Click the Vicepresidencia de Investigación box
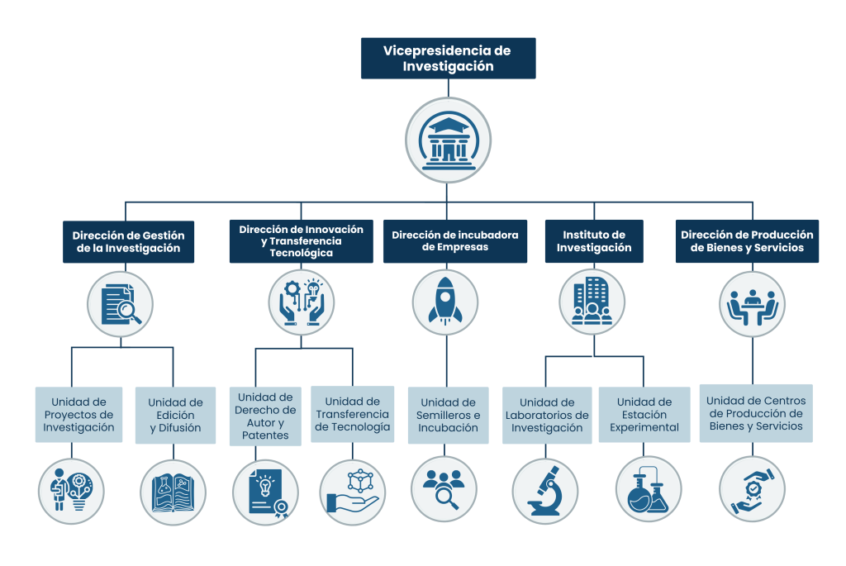447,59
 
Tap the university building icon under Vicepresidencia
448,140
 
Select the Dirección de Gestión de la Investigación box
128,241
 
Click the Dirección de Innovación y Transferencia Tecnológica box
301,241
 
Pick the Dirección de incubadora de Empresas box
454,241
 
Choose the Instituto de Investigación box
593,241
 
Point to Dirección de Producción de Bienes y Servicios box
747,241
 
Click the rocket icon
446,302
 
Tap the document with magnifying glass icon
120,304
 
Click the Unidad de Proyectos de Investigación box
78,415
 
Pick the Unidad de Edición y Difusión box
175,415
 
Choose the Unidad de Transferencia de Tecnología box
352,414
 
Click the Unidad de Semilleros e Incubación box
447,415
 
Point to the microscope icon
545,490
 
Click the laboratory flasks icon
649,490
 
